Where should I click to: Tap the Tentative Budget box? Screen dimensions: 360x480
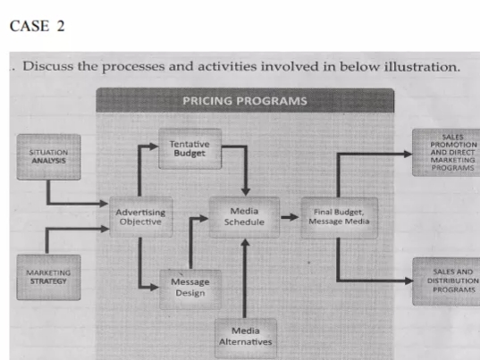point(189,148)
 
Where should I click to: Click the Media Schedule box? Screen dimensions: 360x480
point(244,216)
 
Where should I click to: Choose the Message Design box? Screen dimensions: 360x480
point(189,287)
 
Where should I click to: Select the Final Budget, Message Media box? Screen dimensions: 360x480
point(337,216)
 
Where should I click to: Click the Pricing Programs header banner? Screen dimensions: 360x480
point(244,100)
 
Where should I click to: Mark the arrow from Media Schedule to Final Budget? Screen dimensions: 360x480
point(288,216)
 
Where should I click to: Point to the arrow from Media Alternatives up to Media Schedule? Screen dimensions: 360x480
point(245,272)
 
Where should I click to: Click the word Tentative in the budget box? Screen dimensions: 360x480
point(189,143)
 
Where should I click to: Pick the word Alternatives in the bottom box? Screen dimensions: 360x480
point(245,341)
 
